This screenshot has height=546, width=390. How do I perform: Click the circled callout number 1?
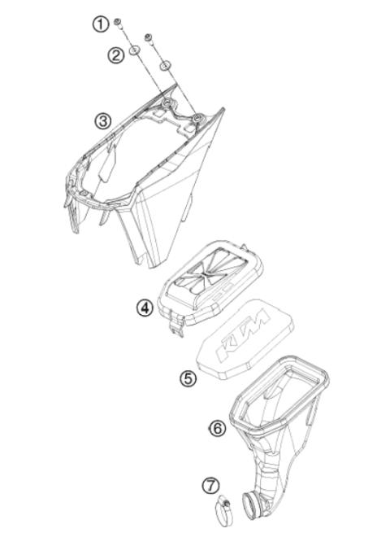pos(100,24)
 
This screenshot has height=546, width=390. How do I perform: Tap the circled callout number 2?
pos(116,55)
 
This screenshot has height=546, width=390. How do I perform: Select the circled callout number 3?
pos(102,120)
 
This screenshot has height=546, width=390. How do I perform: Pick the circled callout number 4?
pos(145,308)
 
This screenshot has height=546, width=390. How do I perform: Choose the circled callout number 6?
pos(218,427)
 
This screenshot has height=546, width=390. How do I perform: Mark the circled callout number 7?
pos(210,485)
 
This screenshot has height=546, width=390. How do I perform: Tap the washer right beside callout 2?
pos(136,50)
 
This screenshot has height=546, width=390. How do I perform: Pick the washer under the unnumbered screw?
pos(164,66)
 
